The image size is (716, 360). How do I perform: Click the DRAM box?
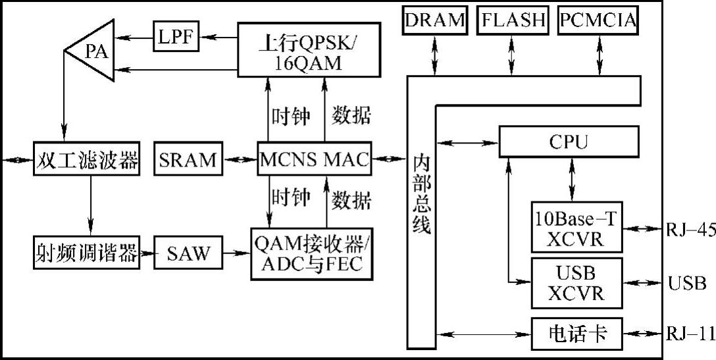coord(435,20)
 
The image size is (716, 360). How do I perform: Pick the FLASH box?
coord(513,20)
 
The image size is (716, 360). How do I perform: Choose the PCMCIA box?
coord(599,20)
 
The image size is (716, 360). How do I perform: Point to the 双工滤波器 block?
coord(87,160)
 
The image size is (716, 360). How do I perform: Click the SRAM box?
coord(188,160)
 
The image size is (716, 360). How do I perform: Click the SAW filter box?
coord(188,252)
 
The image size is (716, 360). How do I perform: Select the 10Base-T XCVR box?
coord(576,227)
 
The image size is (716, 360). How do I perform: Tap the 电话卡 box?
coord(576,334)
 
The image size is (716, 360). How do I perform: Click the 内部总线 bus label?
coord(421,194)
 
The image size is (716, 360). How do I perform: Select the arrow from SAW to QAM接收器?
coord(237,252)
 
